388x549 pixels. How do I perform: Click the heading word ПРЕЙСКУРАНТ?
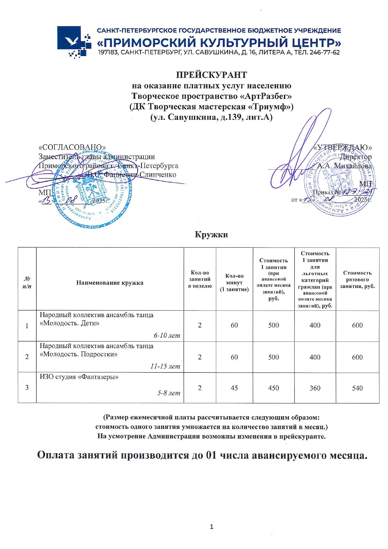(211, 75)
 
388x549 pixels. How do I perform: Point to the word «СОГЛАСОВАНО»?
(72, 147)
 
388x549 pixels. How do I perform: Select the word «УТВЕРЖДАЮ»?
(343, 147)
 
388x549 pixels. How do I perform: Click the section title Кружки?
(211, 234)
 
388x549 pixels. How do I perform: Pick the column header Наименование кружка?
(110, 283)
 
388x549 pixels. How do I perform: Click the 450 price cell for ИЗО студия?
(273, 388)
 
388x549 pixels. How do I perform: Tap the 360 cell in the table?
(315, 388)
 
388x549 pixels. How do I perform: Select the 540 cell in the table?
(357, 388)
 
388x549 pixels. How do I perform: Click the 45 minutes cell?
(234, 388)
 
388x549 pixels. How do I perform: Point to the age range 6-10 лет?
(167, 336)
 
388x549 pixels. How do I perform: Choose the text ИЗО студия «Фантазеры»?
(79, 377)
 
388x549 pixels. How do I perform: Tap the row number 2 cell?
(27, 357)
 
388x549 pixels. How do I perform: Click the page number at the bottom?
(212, 527)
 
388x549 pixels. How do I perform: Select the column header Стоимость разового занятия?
(357, 280)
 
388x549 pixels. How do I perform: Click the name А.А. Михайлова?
(345, 166)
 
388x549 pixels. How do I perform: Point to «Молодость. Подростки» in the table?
(79, 354)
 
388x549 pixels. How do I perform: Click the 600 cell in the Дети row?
(357, 326)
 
